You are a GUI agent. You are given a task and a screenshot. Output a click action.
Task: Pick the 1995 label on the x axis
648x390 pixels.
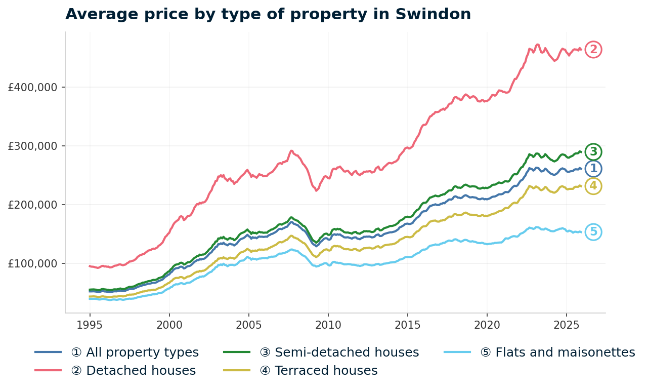click(x=90, y=324)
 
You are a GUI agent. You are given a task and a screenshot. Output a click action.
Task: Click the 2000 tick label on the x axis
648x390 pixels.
click(x=169, y=324)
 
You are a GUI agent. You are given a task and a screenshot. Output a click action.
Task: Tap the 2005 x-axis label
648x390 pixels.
click(x=248, y=324)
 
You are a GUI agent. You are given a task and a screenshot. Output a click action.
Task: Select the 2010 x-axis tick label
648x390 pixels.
click(x=328, y=324)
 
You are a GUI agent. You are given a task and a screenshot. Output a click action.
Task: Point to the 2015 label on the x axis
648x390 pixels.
click(x=408, y=324)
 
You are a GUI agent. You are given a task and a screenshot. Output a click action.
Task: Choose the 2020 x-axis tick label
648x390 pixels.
click(x=487, y=324)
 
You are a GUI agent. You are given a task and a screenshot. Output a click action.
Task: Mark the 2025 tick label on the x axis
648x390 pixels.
click(x=566, y=324)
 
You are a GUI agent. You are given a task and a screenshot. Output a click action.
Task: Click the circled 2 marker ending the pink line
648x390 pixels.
click(x=593, y=50)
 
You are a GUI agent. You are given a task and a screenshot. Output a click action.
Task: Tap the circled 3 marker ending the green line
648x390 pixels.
click(x=593, y=151)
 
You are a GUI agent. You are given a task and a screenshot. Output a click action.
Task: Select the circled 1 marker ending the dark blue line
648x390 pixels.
click(x=593, y=169)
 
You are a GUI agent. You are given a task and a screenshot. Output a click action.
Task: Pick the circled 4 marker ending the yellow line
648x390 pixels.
click(x=593, y=186)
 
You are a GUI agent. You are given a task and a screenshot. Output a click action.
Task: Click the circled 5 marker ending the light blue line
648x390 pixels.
click(x=593, y=232)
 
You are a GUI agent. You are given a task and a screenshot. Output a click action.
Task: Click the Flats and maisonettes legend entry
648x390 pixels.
click(x=557, y=353)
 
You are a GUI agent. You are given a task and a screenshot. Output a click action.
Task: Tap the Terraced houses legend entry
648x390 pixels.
click(x=319, y=371)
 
